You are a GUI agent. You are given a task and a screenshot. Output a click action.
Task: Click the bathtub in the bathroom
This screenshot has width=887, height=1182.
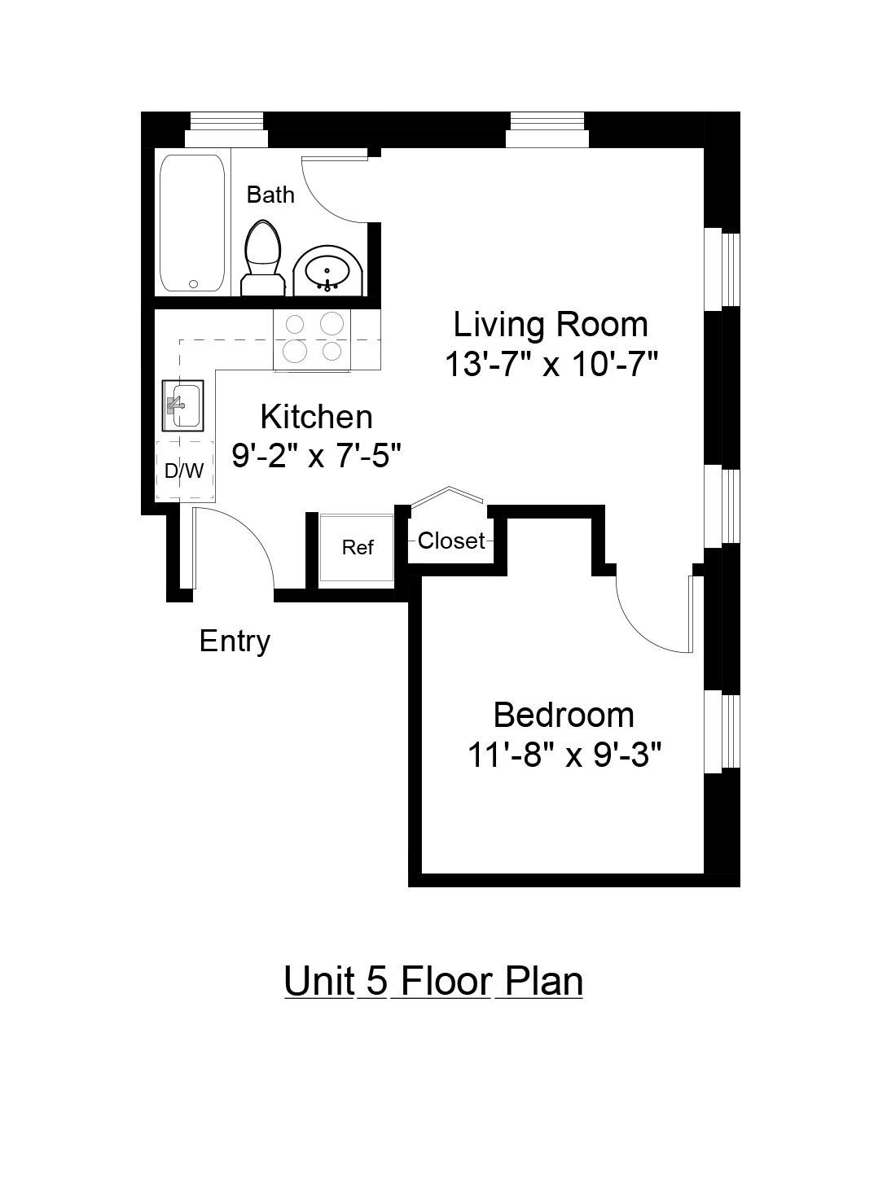tap(192, 223)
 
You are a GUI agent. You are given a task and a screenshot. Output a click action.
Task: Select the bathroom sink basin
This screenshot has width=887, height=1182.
tap(328, 269)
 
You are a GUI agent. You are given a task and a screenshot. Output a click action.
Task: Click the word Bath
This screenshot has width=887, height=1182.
tap(270, 195)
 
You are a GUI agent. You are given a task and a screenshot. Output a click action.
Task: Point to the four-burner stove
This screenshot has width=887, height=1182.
tap(313, 338)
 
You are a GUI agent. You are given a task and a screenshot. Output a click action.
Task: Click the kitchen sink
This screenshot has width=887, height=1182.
tap(183, 405)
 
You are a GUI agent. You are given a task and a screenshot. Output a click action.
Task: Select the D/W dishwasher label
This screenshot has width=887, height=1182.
tap(184, 471)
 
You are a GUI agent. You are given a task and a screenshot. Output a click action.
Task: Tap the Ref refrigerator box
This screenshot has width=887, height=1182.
tap(357, 548)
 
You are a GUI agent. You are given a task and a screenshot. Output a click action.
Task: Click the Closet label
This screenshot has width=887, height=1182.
tap(451, 541)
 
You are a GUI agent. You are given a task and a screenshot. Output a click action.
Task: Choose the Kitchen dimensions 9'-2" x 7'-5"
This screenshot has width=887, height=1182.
tap(317, 456)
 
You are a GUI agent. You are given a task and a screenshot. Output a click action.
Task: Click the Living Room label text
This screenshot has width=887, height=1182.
tap(551, 324)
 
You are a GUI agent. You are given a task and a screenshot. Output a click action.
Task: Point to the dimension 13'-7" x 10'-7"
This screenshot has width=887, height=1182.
tap(551, 365)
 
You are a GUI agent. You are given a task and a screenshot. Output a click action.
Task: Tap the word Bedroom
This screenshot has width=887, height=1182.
tap(564, 715)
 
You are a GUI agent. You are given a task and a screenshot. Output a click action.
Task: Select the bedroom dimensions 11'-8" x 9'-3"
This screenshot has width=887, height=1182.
tap(564, 755)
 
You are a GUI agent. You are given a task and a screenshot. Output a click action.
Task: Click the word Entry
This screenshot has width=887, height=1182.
tap(235, 641)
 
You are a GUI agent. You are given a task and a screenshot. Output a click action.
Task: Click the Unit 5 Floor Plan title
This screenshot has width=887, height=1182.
tap(433, 981)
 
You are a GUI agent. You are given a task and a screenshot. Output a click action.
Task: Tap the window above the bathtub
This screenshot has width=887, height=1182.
tap(227, 120)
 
